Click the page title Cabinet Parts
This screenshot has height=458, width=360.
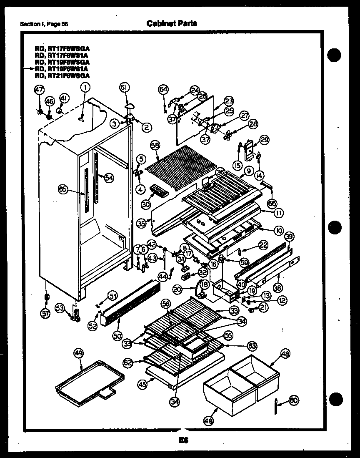(172, 23)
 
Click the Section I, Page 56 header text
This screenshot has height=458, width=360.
(44, 24)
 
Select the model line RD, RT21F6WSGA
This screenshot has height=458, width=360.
(62, 75)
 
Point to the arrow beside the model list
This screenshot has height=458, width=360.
(30, 68)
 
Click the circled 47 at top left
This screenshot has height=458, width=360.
(39, 89)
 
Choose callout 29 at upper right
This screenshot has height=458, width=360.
(265, 139)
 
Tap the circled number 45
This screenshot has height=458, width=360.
(142, 385)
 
